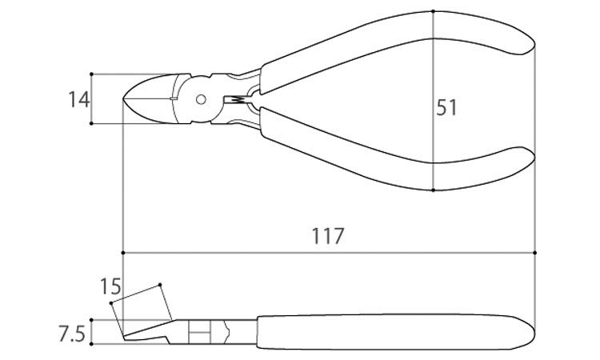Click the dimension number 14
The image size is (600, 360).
coord(79,99)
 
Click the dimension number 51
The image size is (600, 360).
coord(446,107)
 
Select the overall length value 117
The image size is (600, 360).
coord(328,236)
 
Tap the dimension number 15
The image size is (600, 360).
coord(110,286)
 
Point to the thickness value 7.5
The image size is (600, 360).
coord(71,334)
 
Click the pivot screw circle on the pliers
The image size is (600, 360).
coord(201,99)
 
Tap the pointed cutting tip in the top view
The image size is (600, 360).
coord(123,99)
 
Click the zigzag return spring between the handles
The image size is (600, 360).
coord(238,99)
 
